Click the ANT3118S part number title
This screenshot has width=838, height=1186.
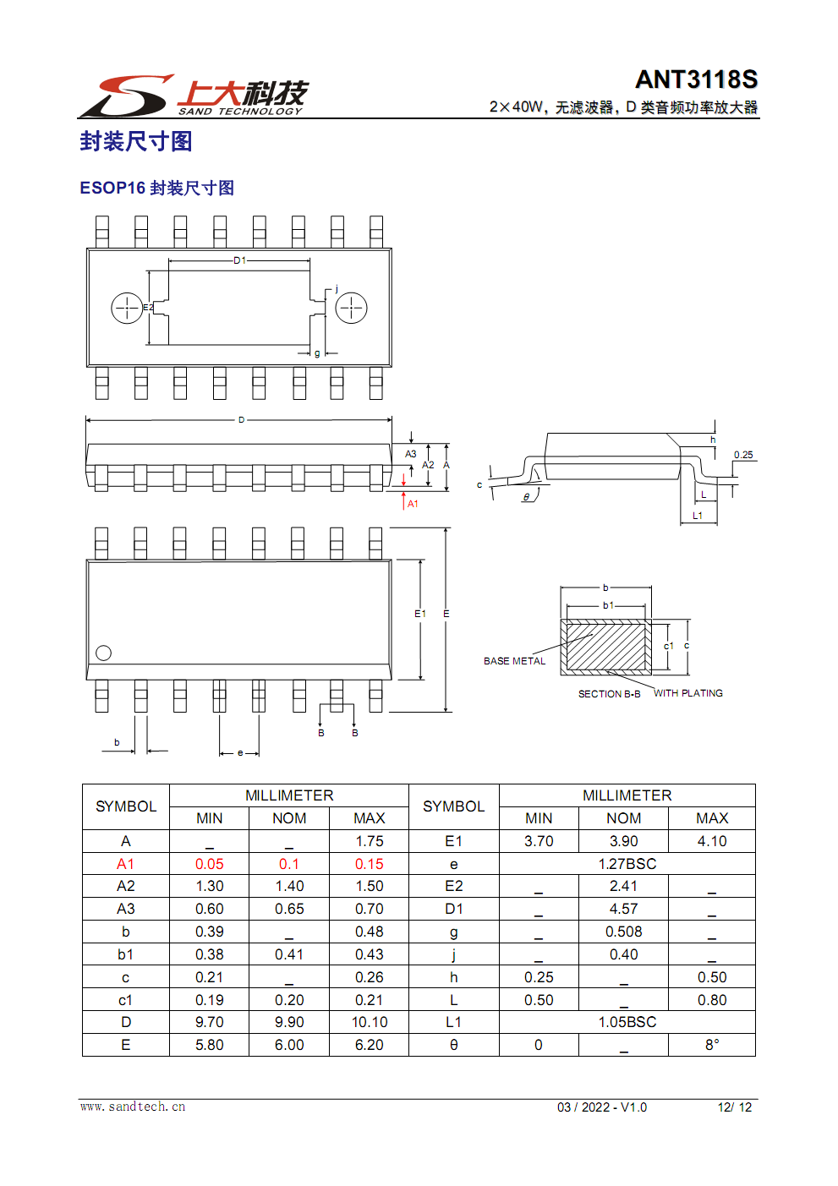[696, 79]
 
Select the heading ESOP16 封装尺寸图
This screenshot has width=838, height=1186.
[156, 188]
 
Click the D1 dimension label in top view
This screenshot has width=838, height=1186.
[240, 260]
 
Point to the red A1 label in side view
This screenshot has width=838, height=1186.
[413, 504]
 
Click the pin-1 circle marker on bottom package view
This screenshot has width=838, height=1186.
[104, 653]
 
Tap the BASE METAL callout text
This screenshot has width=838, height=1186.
[514, 661]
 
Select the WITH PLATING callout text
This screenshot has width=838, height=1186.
[687, 693]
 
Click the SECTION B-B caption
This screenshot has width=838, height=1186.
[609, 694]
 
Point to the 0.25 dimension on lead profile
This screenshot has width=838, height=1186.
[743, 455]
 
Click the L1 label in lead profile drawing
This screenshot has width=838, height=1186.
[698, 516]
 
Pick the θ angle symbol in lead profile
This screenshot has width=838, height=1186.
[526, 497]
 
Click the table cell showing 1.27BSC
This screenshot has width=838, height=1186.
[627, 864]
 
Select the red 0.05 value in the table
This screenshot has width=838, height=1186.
[209, 864]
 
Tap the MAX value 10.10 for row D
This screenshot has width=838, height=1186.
[370, 1022]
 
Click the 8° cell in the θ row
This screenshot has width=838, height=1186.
[712, 1045]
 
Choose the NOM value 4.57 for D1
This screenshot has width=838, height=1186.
[623, 909]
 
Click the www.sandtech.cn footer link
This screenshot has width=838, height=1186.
[133, 1107]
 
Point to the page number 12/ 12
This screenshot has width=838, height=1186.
[734, 1107]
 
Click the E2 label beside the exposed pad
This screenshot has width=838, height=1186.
[148, 308]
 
